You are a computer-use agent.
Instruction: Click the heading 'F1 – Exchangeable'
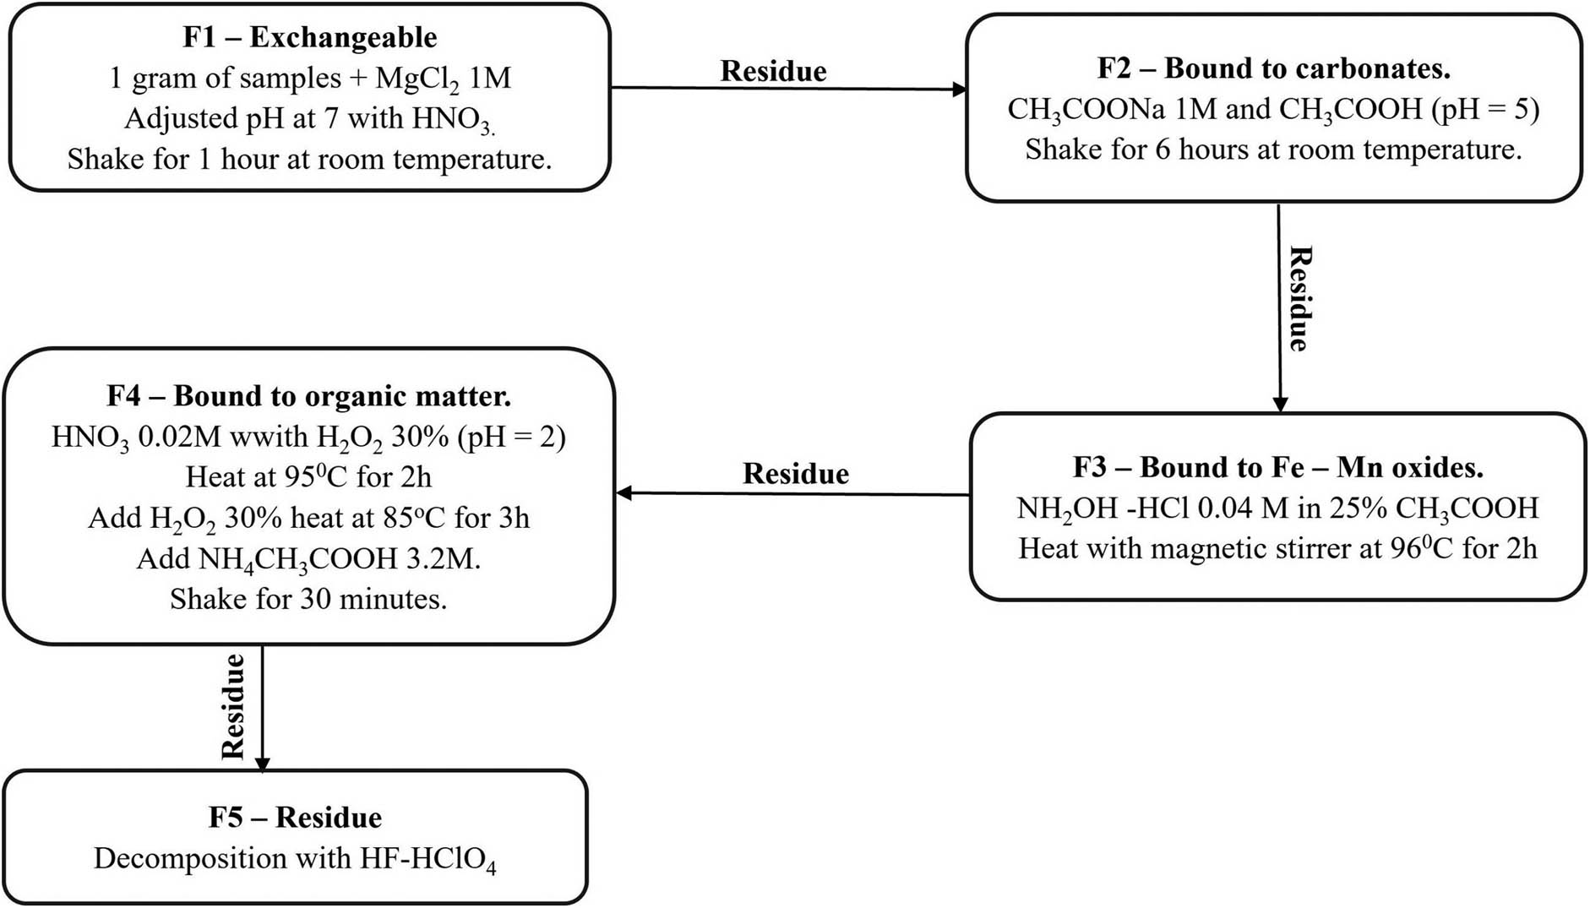pyautogui.click(x=310, y=38)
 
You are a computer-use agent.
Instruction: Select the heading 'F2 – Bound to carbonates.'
pyautogui.click(x=1273, y=68)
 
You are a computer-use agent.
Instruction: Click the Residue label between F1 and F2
pyautogui.click(x=773, y=71)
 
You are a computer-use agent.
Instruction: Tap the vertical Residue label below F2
pyautogui.click(x=1299, y=299)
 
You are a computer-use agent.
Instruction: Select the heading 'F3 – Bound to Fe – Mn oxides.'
pyautogui.click(x=1277, y=467)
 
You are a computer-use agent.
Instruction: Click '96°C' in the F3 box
pyautogui.click(x=1421, y=548)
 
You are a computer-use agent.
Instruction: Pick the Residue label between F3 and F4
pyautogui.click(x=796, y=474)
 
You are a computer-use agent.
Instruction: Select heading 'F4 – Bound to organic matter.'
pyautogui.click(x=308, y=396)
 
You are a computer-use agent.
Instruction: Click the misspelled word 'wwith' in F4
pyautogui.click(x=275, y=438)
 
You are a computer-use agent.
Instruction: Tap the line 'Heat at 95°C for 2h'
pyautogui.click(x=308, y=477)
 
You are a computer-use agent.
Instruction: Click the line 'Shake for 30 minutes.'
pyautogui.click(x=308, y=599)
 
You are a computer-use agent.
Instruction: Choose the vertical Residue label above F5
pyautogui.click(x=232, y=706)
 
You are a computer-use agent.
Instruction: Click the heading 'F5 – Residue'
pyautogui.click(x=295, y=818)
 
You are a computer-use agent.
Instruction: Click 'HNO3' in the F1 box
pyautogui.click(x=452, y=119)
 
